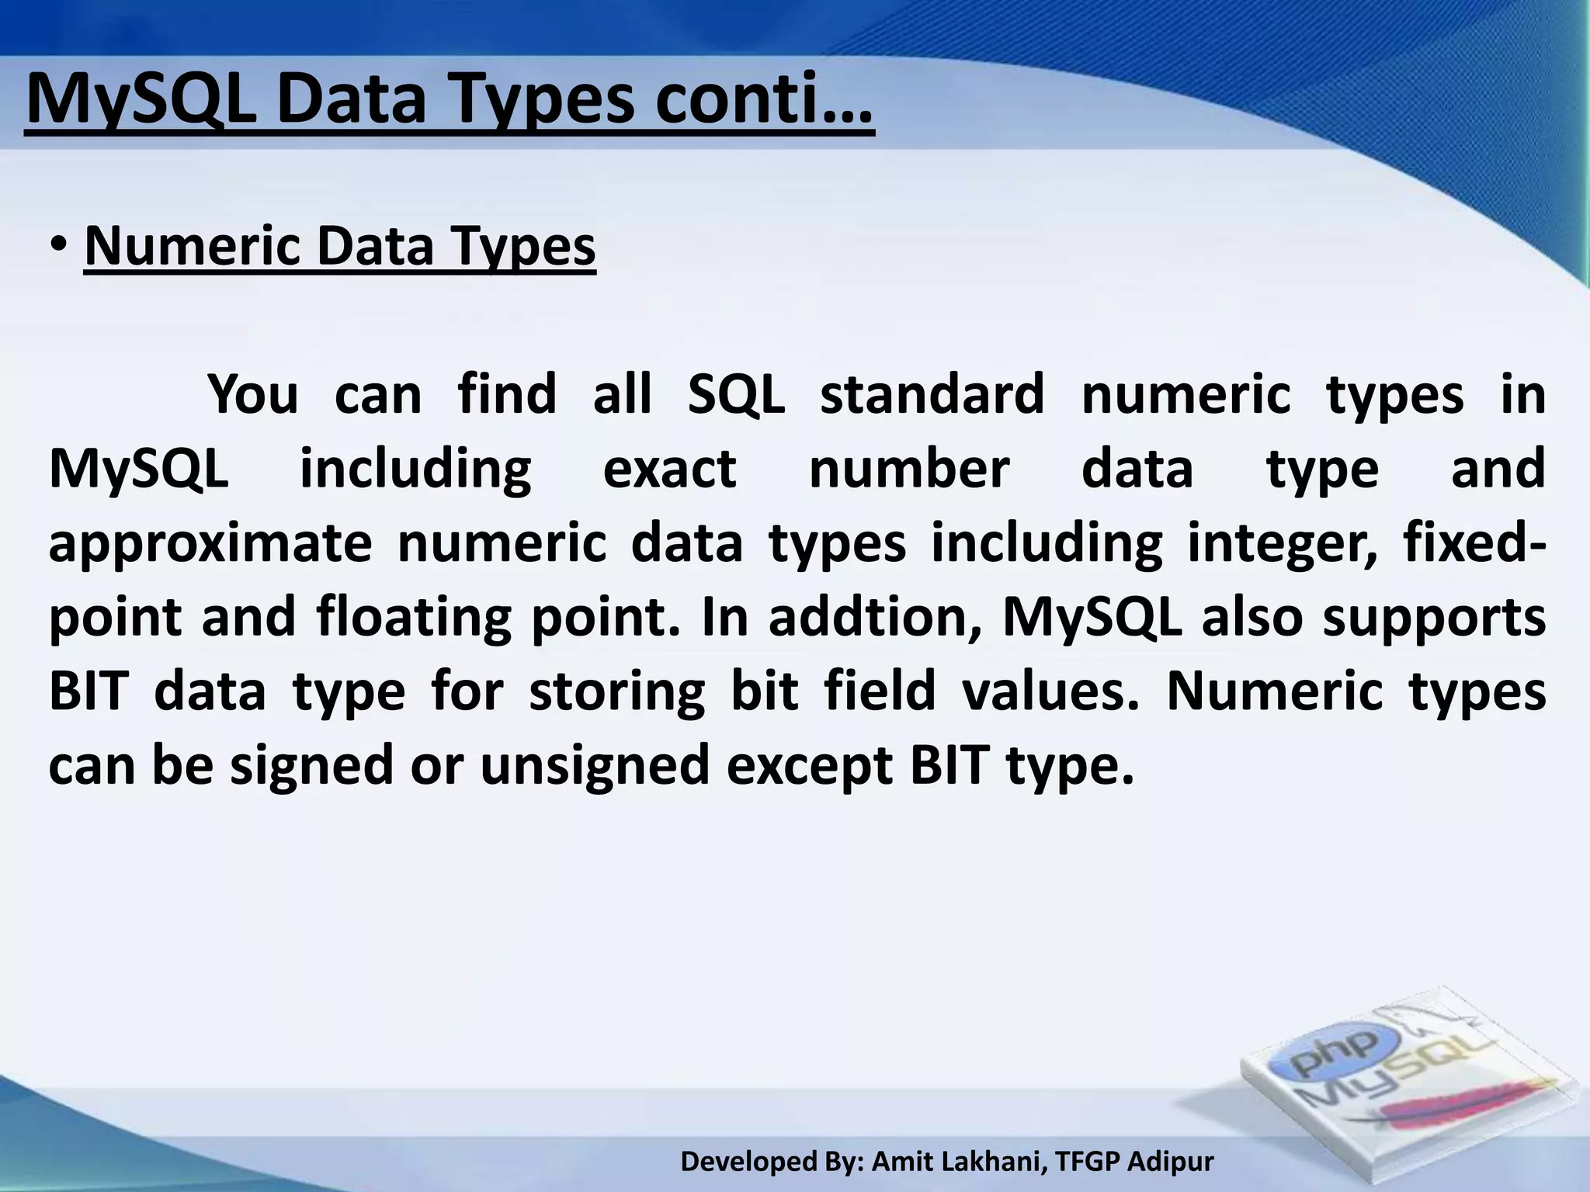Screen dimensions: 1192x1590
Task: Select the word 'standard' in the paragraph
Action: point(932,394)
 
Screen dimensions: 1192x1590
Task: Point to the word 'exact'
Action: point(669,469)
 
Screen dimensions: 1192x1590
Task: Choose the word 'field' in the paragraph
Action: point(880,691)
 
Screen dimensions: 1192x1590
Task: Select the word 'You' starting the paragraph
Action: point(253,394)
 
